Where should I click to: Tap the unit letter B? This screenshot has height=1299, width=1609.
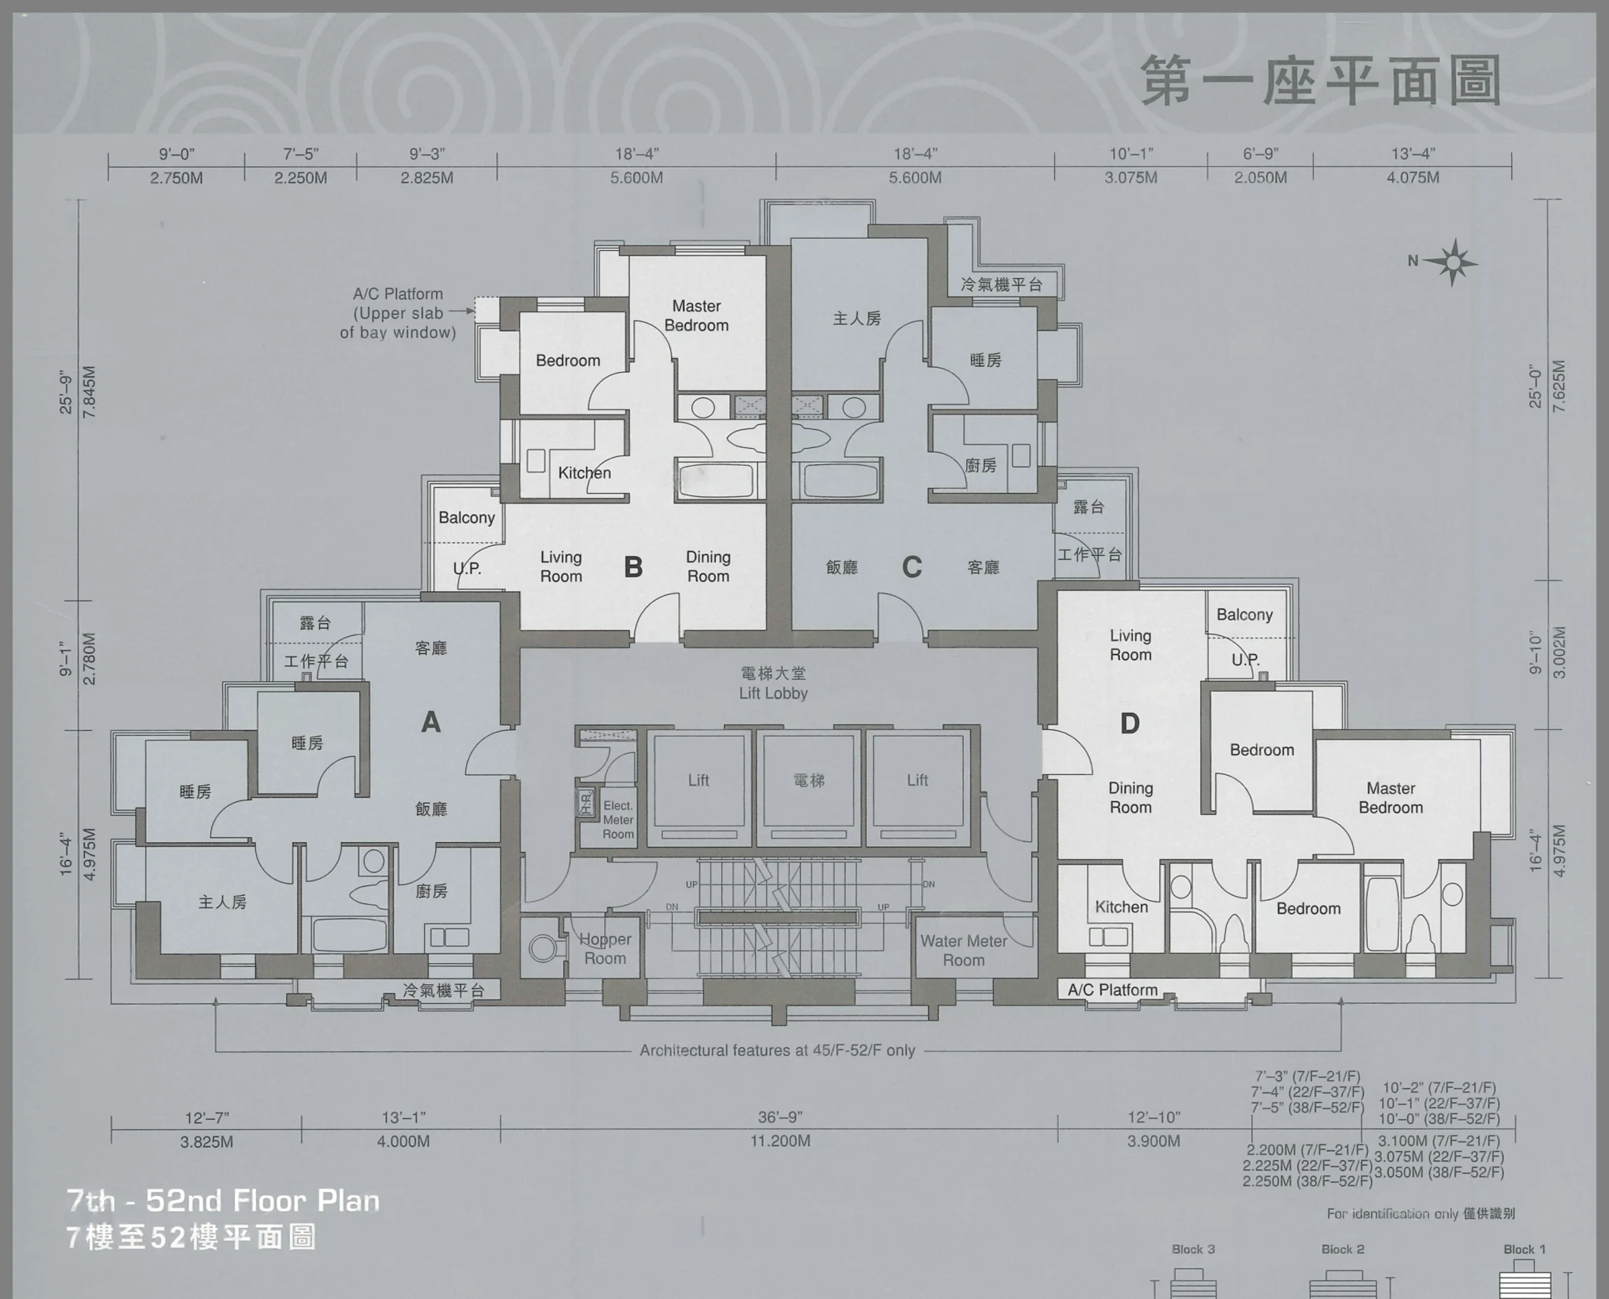[x=633, y=567]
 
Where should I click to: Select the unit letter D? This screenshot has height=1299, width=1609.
[x=1129, y=723]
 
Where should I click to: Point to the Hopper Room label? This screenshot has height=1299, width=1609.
[x=605, y=949]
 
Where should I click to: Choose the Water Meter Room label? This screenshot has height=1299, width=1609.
[x=963, y=950]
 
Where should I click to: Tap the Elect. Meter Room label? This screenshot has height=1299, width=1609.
[x=618, y=819]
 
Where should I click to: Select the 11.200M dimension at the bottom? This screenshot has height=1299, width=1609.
[x=780, y=1141]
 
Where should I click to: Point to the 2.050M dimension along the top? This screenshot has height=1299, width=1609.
[x=1261, y=177]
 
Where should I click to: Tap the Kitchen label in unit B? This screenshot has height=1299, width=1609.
[x=584, y=473]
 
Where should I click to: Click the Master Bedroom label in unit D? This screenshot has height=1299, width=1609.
[x=1390, y=798]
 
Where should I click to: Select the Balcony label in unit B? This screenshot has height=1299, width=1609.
[x=467, y=518]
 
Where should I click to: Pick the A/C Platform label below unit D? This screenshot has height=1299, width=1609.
[x=1112, y=989]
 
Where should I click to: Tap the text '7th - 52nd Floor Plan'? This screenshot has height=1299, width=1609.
[x=223, y=1201]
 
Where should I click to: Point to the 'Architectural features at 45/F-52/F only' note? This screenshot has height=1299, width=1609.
[x=777, y=1050]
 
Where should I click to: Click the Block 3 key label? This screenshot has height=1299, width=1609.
[x=1193, y=1249]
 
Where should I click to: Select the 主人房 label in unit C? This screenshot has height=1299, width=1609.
[x=857, y=319]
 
